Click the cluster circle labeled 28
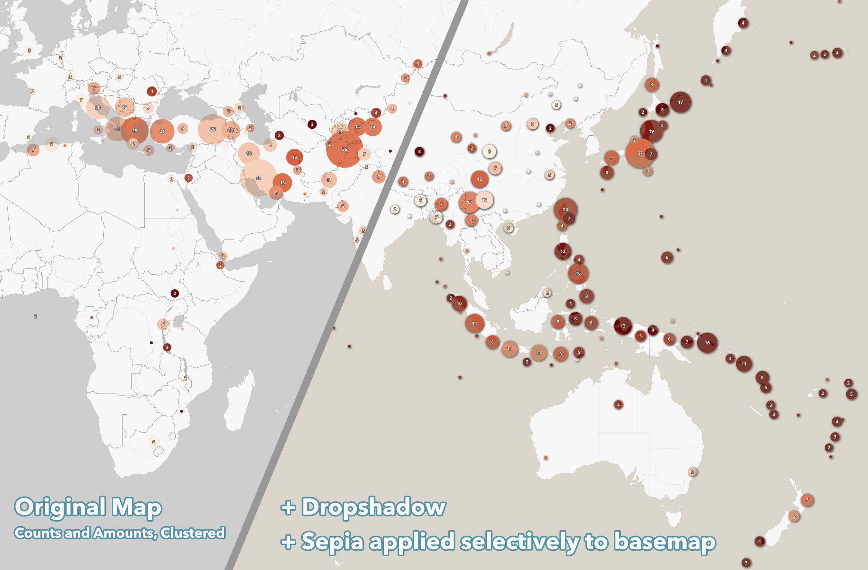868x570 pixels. tap(212, 129)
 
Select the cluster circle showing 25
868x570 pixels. tap(134, 130)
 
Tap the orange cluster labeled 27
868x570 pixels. tap(640, 153)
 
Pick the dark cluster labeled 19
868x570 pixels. tap(651, 131)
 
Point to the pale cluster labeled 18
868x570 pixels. tap(249, 153)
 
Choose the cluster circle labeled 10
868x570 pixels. tap(459, 303)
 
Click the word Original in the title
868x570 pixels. tap(60, 507)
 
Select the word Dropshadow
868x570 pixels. tap(374, 507)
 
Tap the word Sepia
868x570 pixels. tap(332, 542)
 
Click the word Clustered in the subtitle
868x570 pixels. tap(193, 533)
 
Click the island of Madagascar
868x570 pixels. tap(240, 402)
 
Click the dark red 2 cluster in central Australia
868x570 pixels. tap(618, 404)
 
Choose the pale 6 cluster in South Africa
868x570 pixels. tap(153, 442)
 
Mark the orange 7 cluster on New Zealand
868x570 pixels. tap(807, 500)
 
